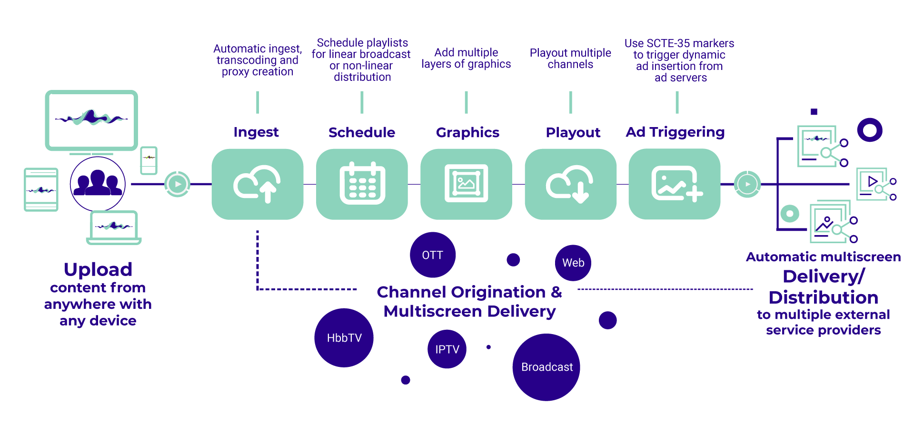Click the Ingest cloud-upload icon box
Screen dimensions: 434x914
pos(257,184)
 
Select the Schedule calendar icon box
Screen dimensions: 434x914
pos(362,184)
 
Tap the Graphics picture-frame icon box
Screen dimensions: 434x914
pos(466,184)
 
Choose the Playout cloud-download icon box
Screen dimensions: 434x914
pos(570,184)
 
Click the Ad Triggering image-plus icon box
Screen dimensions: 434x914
pos(675,184)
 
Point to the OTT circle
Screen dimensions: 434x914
pos(432,255)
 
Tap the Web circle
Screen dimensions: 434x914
pos(573,263)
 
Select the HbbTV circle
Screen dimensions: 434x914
pos(344,338)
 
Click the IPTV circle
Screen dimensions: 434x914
pos(447,349)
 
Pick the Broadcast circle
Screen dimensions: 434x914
pos(546,367)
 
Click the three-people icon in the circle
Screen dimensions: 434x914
pos(98,184)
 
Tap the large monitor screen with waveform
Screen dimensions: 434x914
pos(91,120)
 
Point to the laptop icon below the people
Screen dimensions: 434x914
pos(114,227)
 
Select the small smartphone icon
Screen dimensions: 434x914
pos(149,160)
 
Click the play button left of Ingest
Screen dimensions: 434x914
pos(178,184)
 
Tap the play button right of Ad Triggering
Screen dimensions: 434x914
pos(747,184)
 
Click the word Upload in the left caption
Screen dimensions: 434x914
pos(98,269)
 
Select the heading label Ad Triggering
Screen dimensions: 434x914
pos(675,132)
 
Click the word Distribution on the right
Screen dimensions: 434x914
pos(823,297)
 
